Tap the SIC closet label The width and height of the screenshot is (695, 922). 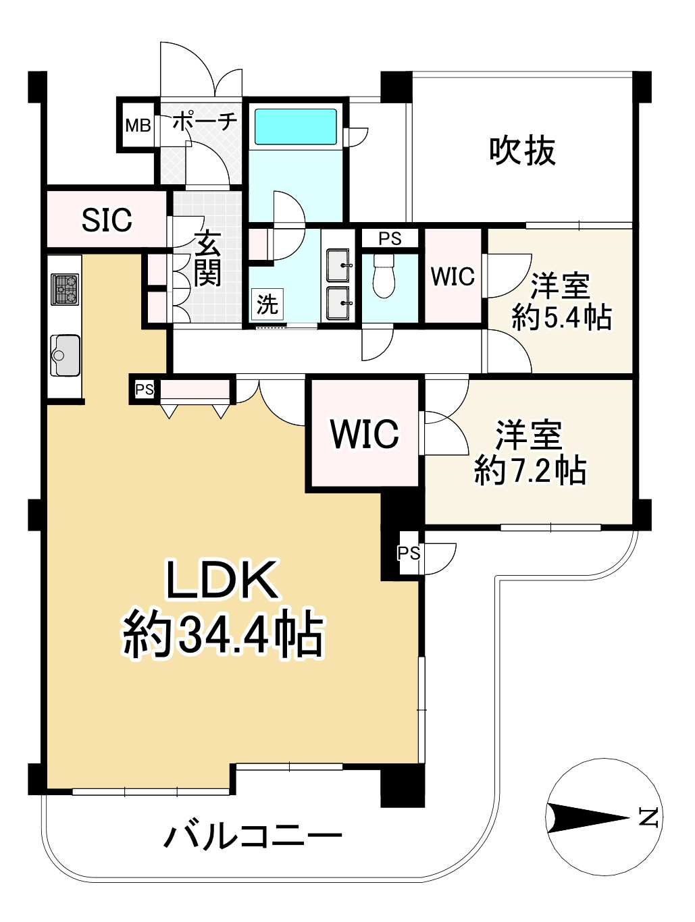pyautogui.click(x=107, y=219)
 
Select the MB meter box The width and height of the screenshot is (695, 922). pyautogui.click(x=138, y=125)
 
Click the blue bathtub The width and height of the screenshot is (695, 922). pyautogui.click(x=294, y=126)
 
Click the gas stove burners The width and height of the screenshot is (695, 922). pyautogui.click(x=65, y=290)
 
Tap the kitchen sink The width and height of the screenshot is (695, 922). pyautogui.click(x=65, y=354)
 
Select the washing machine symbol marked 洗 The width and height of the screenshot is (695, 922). pyautogui.click(x=267, y=304)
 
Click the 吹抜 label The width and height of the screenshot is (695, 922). pyautogui.click(x=522, y=151)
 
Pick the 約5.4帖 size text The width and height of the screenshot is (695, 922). pyautogui.click(x=562, y=317)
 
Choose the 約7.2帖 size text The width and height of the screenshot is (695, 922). pyautogui.click(x=530, y=470)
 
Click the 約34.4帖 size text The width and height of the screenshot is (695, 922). pyautogui.click(x=223, y=634)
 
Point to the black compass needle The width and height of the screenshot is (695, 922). pyautogui.click(x=588, y=817)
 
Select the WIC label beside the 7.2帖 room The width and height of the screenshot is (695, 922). pyautogui.click(x=365, y=434)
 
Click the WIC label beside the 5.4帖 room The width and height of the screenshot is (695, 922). pyautogui.click(x=453, y=276)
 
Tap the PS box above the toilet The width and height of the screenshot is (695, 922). pyautogui.click(x=390, y=238)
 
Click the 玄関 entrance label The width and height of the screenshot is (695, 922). pyautogui.click(x=208, y=259)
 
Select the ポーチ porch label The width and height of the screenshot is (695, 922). pyautogui.click(x=204, y=122)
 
